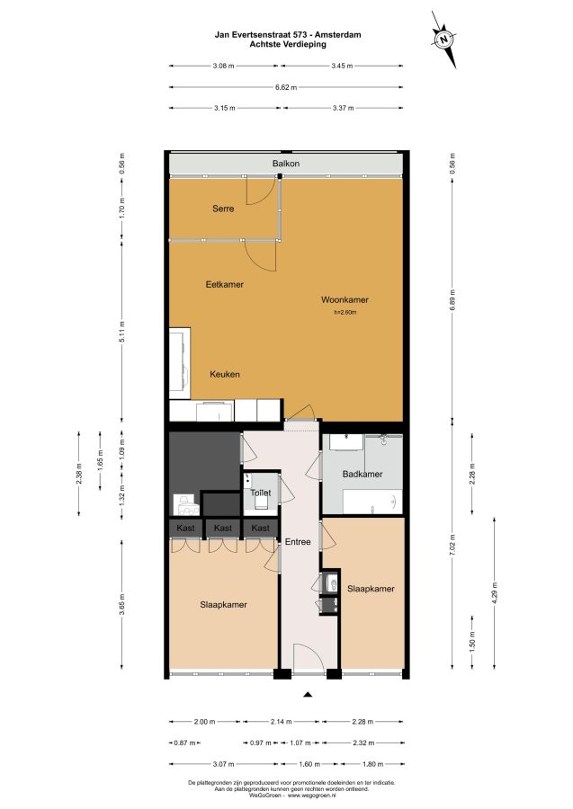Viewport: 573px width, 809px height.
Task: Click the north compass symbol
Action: [x=443, y=40]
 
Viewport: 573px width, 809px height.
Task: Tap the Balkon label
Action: [x=286, y=164]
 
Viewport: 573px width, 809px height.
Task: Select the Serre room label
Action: [x=223, y=209]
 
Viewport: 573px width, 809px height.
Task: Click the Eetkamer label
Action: [x=225, y=284]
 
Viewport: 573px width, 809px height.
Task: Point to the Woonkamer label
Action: [x=345, y=299]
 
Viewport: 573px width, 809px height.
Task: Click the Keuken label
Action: [x=225, y=374]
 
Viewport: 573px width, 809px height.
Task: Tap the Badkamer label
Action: [x=363, y=474]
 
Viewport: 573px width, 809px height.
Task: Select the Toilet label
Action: [x=261, y=493]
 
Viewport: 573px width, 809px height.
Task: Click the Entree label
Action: [x=298, y=542]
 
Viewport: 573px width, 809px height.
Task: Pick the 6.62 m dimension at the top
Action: [x=286, y=87]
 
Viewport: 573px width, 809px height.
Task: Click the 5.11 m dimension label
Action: [x=122, y=331]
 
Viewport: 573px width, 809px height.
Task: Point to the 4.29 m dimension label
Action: [x=495, y=593]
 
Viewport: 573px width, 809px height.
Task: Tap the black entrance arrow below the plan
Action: [x=309, y=695]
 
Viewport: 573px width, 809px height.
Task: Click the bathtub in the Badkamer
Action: [x=372, y=501]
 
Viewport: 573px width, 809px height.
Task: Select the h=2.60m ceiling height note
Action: [x=345, y=312]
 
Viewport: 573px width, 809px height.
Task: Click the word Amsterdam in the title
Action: [x=338, y=35]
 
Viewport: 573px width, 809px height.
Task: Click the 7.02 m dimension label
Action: [x=452, y=544]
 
